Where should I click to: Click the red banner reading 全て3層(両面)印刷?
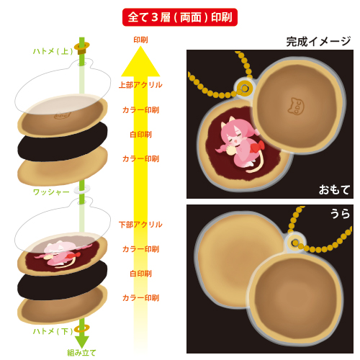pyautogui.click(x=180, y=17)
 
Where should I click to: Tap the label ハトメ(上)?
pyautogui.click(x=53, y=51)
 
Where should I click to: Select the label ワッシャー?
pyautogui.click(x=51, y=192)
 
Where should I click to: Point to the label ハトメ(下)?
pyautogui.click(x=53, y=331)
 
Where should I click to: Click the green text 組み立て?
pyautogui.click(x=81, y=353)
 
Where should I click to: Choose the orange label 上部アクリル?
pyautogui.click(x=140, y=85)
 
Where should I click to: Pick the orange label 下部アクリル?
pyautogui.click(x=140, y=225)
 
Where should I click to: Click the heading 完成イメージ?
pyautogui.click(x=318, y=42)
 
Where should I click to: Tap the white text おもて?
pyautogui.click(x=334, y=190)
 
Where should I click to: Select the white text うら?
pyautogui.click(x=340, y=213)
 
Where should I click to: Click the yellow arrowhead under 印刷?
pyautogui.click(x=140, y=61)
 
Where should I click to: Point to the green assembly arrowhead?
pyautogui.click(x=82, y=342)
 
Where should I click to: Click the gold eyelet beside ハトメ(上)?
pyautogui.click(x=82, y=48)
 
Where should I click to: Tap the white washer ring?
pyautogui.click(x=82, y=189)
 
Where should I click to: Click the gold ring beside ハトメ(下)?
pyautogui.click(x=82, y=328)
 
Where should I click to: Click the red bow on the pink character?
pyautogui.click(x=258, y=146)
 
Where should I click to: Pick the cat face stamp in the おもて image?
pyautogui.click(x=296, y=106)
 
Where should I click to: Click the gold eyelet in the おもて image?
pyautogui.click(x=244, y=89)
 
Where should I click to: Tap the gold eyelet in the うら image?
pyautogui.click(x=295, y=243)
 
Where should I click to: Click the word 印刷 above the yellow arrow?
pyautogui.click(x=140, y=40)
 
